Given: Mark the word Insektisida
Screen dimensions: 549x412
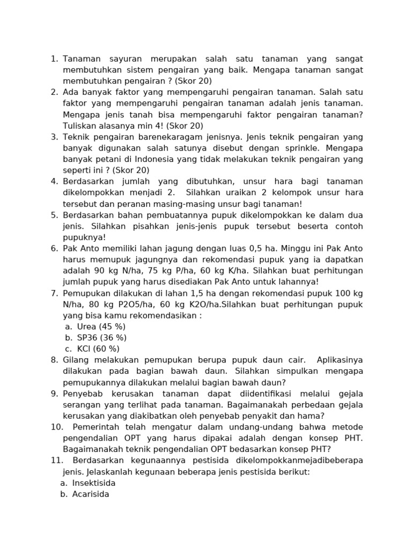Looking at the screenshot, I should (x=94, y=483).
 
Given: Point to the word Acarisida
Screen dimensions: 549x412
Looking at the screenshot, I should (x=91, y=494).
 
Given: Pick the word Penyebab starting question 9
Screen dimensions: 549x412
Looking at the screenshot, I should (x=79, y=394).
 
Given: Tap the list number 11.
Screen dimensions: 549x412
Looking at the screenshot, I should (x=56, y=461).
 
